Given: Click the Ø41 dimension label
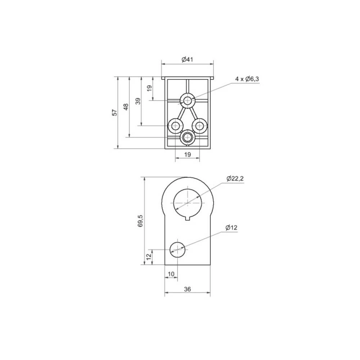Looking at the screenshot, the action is (x=188, y=59).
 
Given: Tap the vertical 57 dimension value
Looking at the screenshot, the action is (x=115, y=112).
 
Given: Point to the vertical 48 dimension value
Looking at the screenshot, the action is (x=126, y=107).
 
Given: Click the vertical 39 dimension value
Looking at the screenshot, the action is (x=138, y=101).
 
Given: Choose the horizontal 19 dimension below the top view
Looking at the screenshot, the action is (x=187, y=154).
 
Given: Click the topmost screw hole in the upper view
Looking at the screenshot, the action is (x=188, y=100).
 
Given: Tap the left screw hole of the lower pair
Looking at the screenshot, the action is (x=176, y=126).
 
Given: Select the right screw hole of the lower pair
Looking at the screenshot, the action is (x=199, y=126).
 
